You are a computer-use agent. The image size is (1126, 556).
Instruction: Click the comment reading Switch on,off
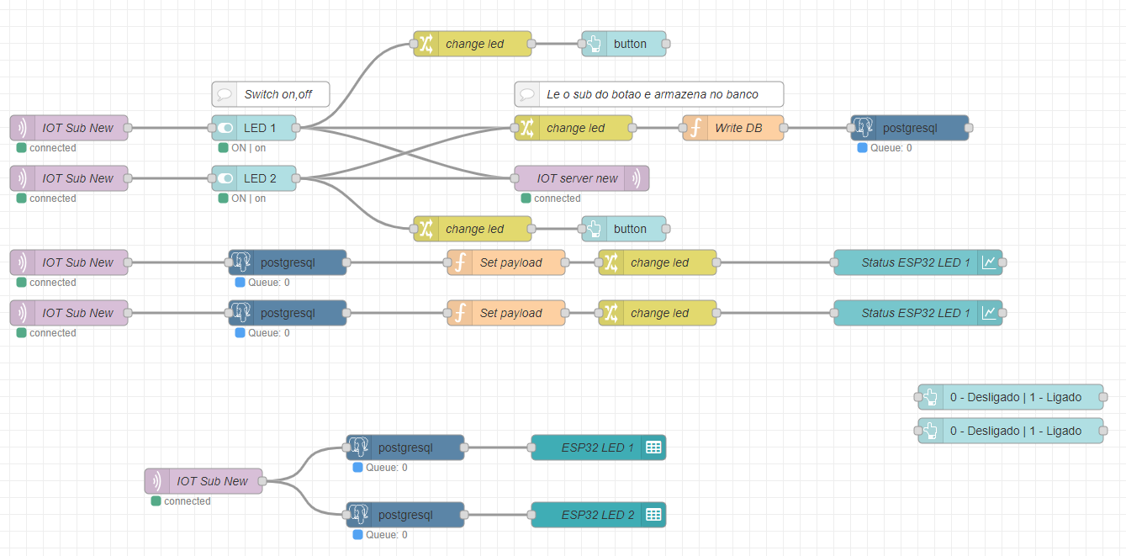tap(270, 94)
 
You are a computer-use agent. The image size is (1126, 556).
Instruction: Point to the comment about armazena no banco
tap(648, 94)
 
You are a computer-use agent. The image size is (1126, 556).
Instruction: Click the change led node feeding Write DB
tap(575, 128)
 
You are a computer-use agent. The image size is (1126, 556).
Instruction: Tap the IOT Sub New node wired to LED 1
tap(69, 128)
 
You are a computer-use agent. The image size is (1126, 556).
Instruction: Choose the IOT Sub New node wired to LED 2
tap(69, 178)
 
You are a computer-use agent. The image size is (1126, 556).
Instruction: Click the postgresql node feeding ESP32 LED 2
tap(405, 515)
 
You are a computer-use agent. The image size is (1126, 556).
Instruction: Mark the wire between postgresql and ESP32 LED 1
tap(498, 447)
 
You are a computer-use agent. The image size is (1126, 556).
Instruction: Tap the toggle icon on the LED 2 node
tap(225, 178)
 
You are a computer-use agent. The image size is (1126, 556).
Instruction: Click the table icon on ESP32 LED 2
tap(653, 515)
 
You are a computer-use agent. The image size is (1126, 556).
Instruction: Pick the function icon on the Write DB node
tap(695, 128)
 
